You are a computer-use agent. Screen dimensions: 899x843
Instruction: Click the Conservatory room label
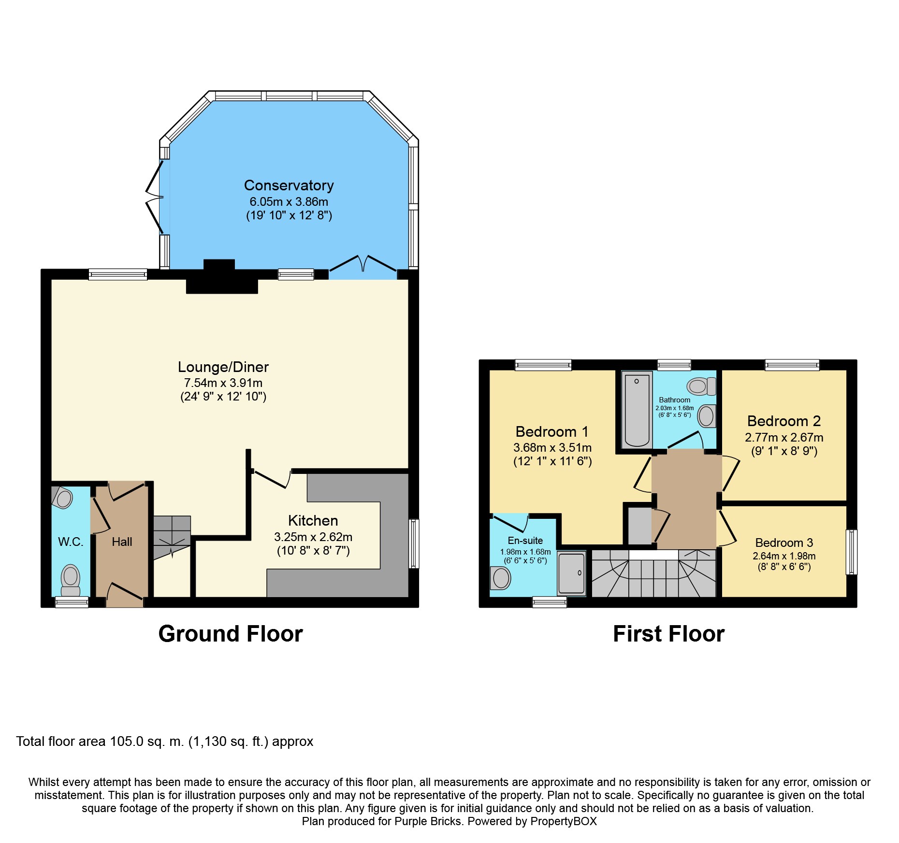[x=289, y=186]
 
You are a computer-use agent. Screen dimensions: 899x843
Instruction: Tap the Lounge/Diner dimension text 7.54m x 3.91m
[x=223, y=383]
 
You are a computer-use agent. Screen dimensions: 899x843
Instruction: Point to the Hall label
[x=122, y=542]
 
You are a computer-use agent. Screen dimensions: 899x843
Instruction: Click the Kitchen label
[x=313, y=521]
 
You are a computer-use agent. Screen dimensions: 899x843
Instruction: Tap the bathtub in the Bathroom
[x=637, y=410]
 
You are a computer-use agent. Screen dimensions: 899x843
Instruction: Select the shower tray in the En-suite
[x=571, y=573]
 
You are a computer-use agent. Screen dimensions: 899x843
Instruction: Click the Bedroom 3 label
[x=784, y=543]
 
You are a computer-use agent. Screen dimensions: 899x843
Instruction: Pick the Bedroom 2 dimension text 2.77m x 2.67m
[x=784, y=438]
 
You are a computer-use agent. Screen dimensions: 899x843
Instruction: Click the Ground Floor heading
[x=231, y=634]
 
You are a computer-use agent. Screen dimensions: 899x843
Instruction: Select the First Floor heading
[x=668, y=634]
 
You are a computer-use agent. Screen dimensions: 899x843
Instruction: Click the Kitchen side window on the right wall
[x=414, y=543]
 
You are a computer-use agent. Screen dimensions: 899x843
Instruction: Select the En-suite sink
[x=501, y=578]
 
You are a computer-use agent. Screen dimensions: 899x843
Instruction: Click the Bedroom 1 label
[x=552, y=432]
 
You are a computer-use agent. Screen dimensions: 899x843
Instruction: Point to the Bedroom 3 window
[x=852, y=552]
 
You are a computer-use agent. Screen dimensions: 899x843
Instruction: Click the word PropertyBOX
[x=564, y=821]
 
